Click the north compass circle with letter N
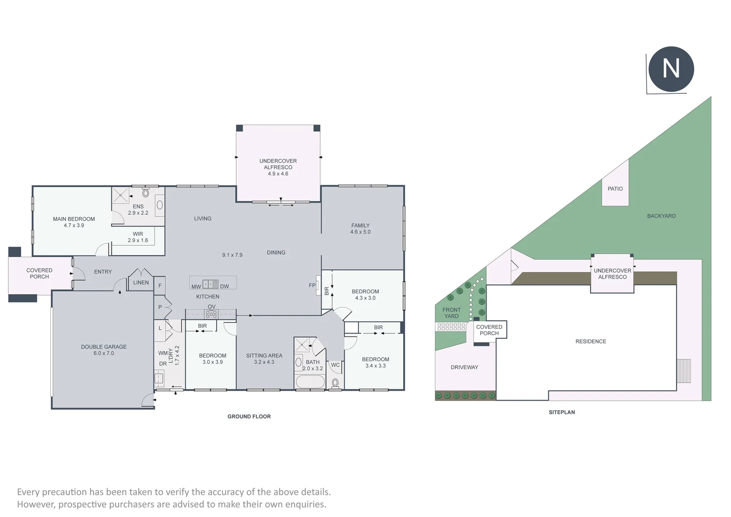pyautogui.click(x=671, y=69)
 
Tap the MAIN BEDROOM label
pyautogui.click(x=74, y=219)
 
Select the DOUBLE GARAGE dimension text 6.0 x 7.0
pyautogui.click(x=104, y=353)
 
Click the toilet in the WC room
pyautogui.click(x=335, y=382)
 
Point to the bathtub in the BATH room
pyautogui.click(x=310, y=382)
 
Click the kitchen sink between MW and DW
pyautogui.click(x=210, y=284)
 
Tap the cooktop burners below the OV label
pyautogui.click(x=211, y=314)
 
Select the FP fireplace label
pyautogui.click(x=312, y=285)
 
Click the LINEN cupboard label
pyautogui.click(x=141, y=282)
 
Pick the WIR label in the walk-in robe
pyautogui.click(x=138, y=234)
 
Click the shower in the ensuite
pyautogui.click(x=121, y=195)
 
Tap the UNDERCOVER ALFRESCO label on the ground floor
pyautogui.click(x=278, y=164)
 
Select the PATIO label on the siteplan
pyautogui.click(x=615, y=189)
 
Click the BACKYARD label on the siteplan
pyautogui.click(x=661, y=216)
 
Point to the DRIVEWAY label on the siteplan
pyautogui.click(x=464, y=367)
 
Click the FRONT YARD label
pyautogui.click(x=451, y=313)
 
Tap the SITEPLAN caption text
pyautogui.click(x=562, y=412)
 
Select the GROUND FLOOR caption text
pyautogui.click(x=249, y=416)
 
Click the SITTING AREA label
pyautogui.click(x=264, y=356)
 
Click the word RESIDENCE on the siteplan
pyautogui.click(x=590, y=341)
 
